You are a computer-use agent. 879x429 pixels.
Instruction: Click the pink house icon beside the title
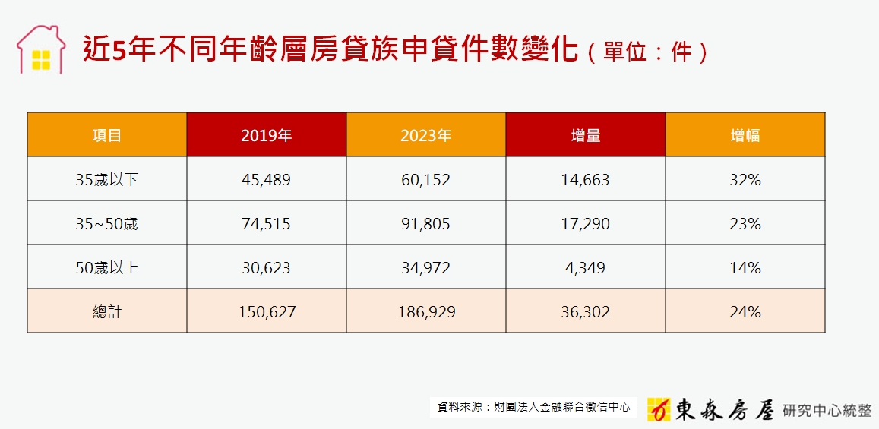click(x=40, y=49)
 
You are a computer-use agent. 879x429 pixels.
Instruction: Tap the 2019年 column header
click(x=266, y=135)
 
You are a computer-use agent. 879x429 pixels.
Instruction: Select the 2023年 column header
click(x=425, y=135)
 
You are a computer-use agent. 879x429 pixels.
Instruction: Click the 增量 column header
click(x=585, y=135)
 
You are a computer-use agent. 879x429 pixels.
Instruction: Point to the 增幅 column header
click(x=745, y=135)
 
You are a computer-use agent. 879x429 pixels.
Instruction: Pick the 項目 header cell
click(x=107, y=135)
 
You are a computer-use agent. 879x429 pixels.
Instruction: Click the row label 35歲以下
click(x=107, y=180)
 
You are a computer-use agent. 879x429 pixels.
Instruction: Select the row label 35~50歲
click(x=107, y=224)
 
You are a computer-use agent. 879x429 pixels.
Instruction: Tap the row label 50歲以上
click(x=107, y=268)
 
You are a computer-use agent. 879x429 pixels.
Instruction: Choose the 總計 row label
click(x=107, y=312)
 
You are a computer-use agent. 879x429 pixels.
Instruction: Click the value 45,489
click(x=266, y=180)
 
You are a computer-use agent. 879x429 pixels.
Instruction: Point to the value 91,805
click(x=425, y=224)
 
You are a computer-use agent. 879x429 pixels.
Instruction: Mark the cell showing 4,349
click(x=585, y=268)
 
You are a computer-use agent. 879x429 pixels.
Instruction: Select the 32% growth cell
click(x=745, y=180)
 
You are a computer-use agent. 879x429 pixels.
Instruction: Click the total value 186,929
click(x=425, y=312)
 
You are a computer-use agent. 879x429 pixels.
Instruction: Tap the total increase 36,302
click(x=585, y=312)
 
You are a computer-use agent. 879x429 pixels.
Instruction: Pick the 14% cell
click(x=745, y=268)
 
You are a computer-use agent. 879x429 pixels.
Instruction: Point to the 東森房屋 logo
click(x=710, y=409)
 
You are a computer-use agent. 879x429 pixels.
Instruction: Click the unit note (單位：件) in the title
click(x=647, y=52)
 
